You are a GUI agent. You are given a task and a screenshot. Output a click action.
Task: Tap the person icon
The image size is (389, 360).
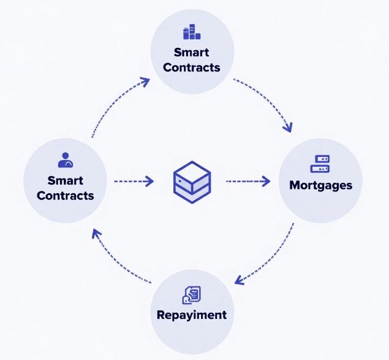click(x=65, y=161)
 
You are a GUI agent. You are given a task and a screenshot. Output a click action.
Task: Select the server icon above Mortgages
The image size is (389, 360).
click(x=320, y=164)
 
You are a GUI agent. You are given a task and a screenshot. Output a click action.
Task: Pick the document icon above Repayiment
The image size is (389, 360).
click(x=191, y=295)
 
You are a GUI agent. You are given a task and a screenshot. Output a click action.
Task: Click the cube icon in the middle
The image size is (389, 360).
click(x=192, y=180)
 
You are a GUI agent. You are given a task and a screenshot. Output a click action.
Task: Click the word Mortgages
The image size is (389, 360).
click(x=320, y=185)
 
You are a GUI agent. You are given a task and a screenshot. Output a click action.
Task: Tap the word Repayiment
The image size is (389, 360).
click(x=191, y=315)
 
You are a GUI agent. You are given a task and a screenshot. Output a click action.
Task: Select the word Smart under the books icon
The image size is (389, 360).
click(x=191, y=52)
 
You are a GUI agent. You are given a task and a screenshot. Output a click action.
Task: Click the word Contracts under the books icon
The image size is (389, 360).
click(x=191, y=67)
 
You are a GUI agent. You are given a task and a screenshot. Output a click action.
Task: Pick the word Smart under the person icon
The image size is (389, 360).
click(x=65, y=181)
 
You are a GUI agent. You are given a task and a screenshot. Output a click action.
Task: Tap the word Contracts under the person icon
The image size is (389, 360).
click(x=65, y=196)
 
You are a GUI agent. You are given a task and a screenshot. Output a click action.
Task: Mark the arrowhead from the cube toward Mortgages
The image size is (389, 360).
click(x=265, y=181)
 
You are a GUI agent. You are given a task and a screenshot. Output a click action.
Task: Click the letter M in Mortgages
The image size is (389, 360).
click(x=295, y=185)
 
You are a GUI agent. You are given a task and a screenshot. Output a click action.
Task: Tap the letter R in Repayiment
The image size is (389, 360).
click(x=161, y=315)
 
